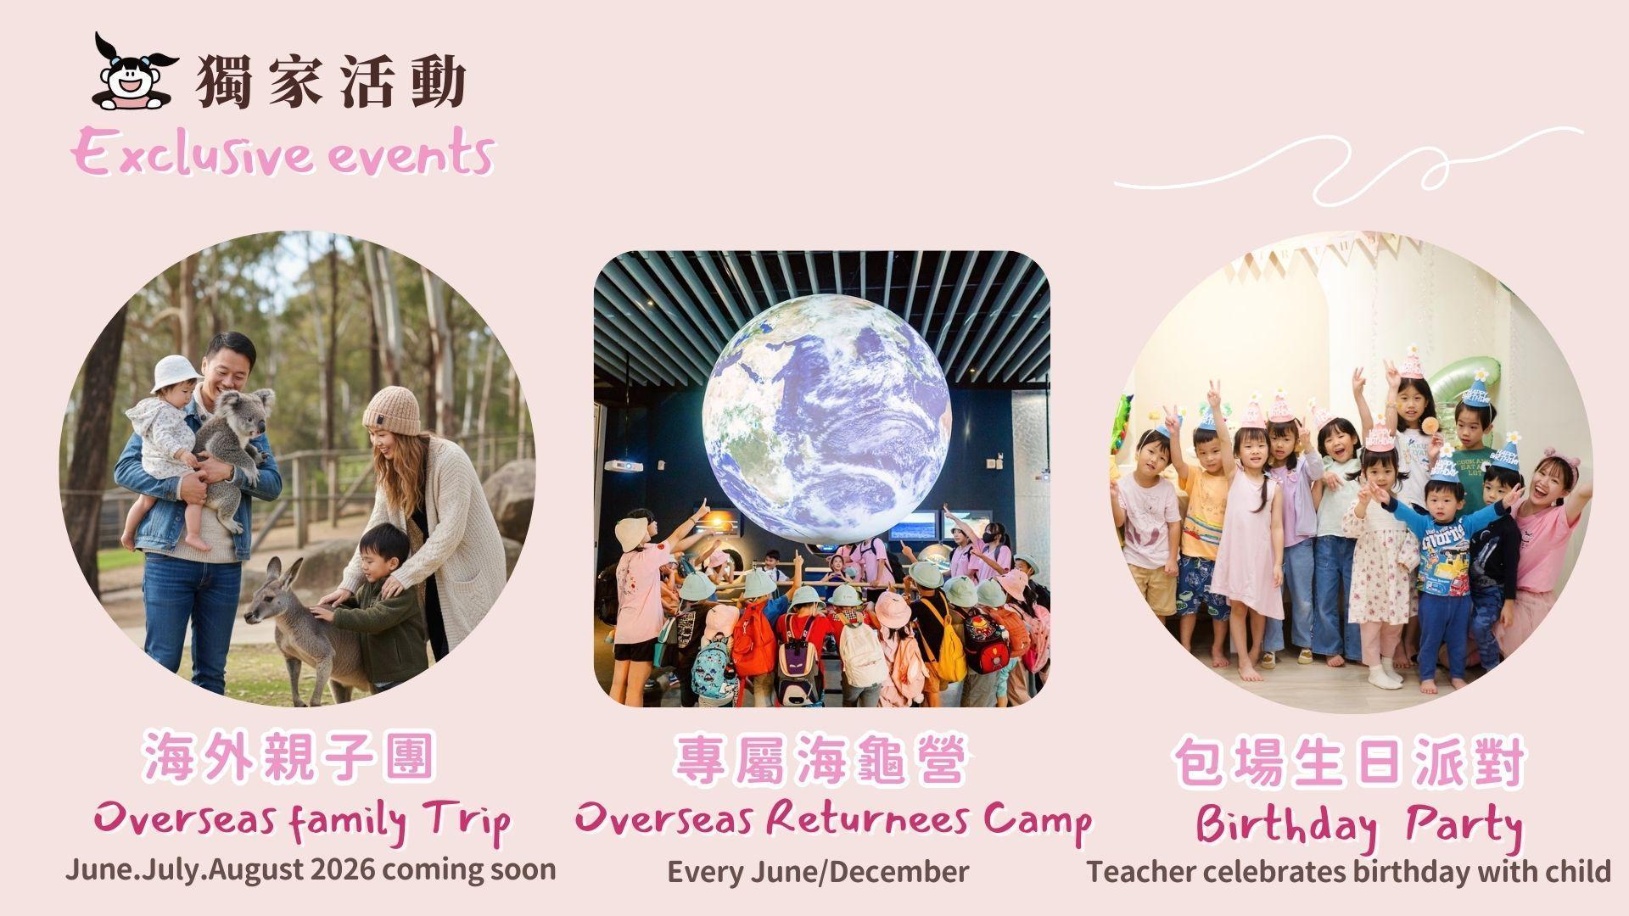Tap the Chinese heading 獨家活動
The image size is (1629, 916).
click(x=332, y=82)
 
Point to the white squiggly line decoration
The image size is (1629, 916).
click(x=1349, y=169)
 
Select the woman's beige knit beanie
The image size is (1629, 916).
click(x=391, y=411)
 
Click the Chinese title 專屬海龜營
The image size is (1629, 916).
click(x=820, y=761)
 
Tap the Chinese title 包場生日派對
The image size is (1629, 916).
click(x=1349, y=763)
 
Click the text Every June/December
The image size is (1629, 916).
click(x=818, y=872)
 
